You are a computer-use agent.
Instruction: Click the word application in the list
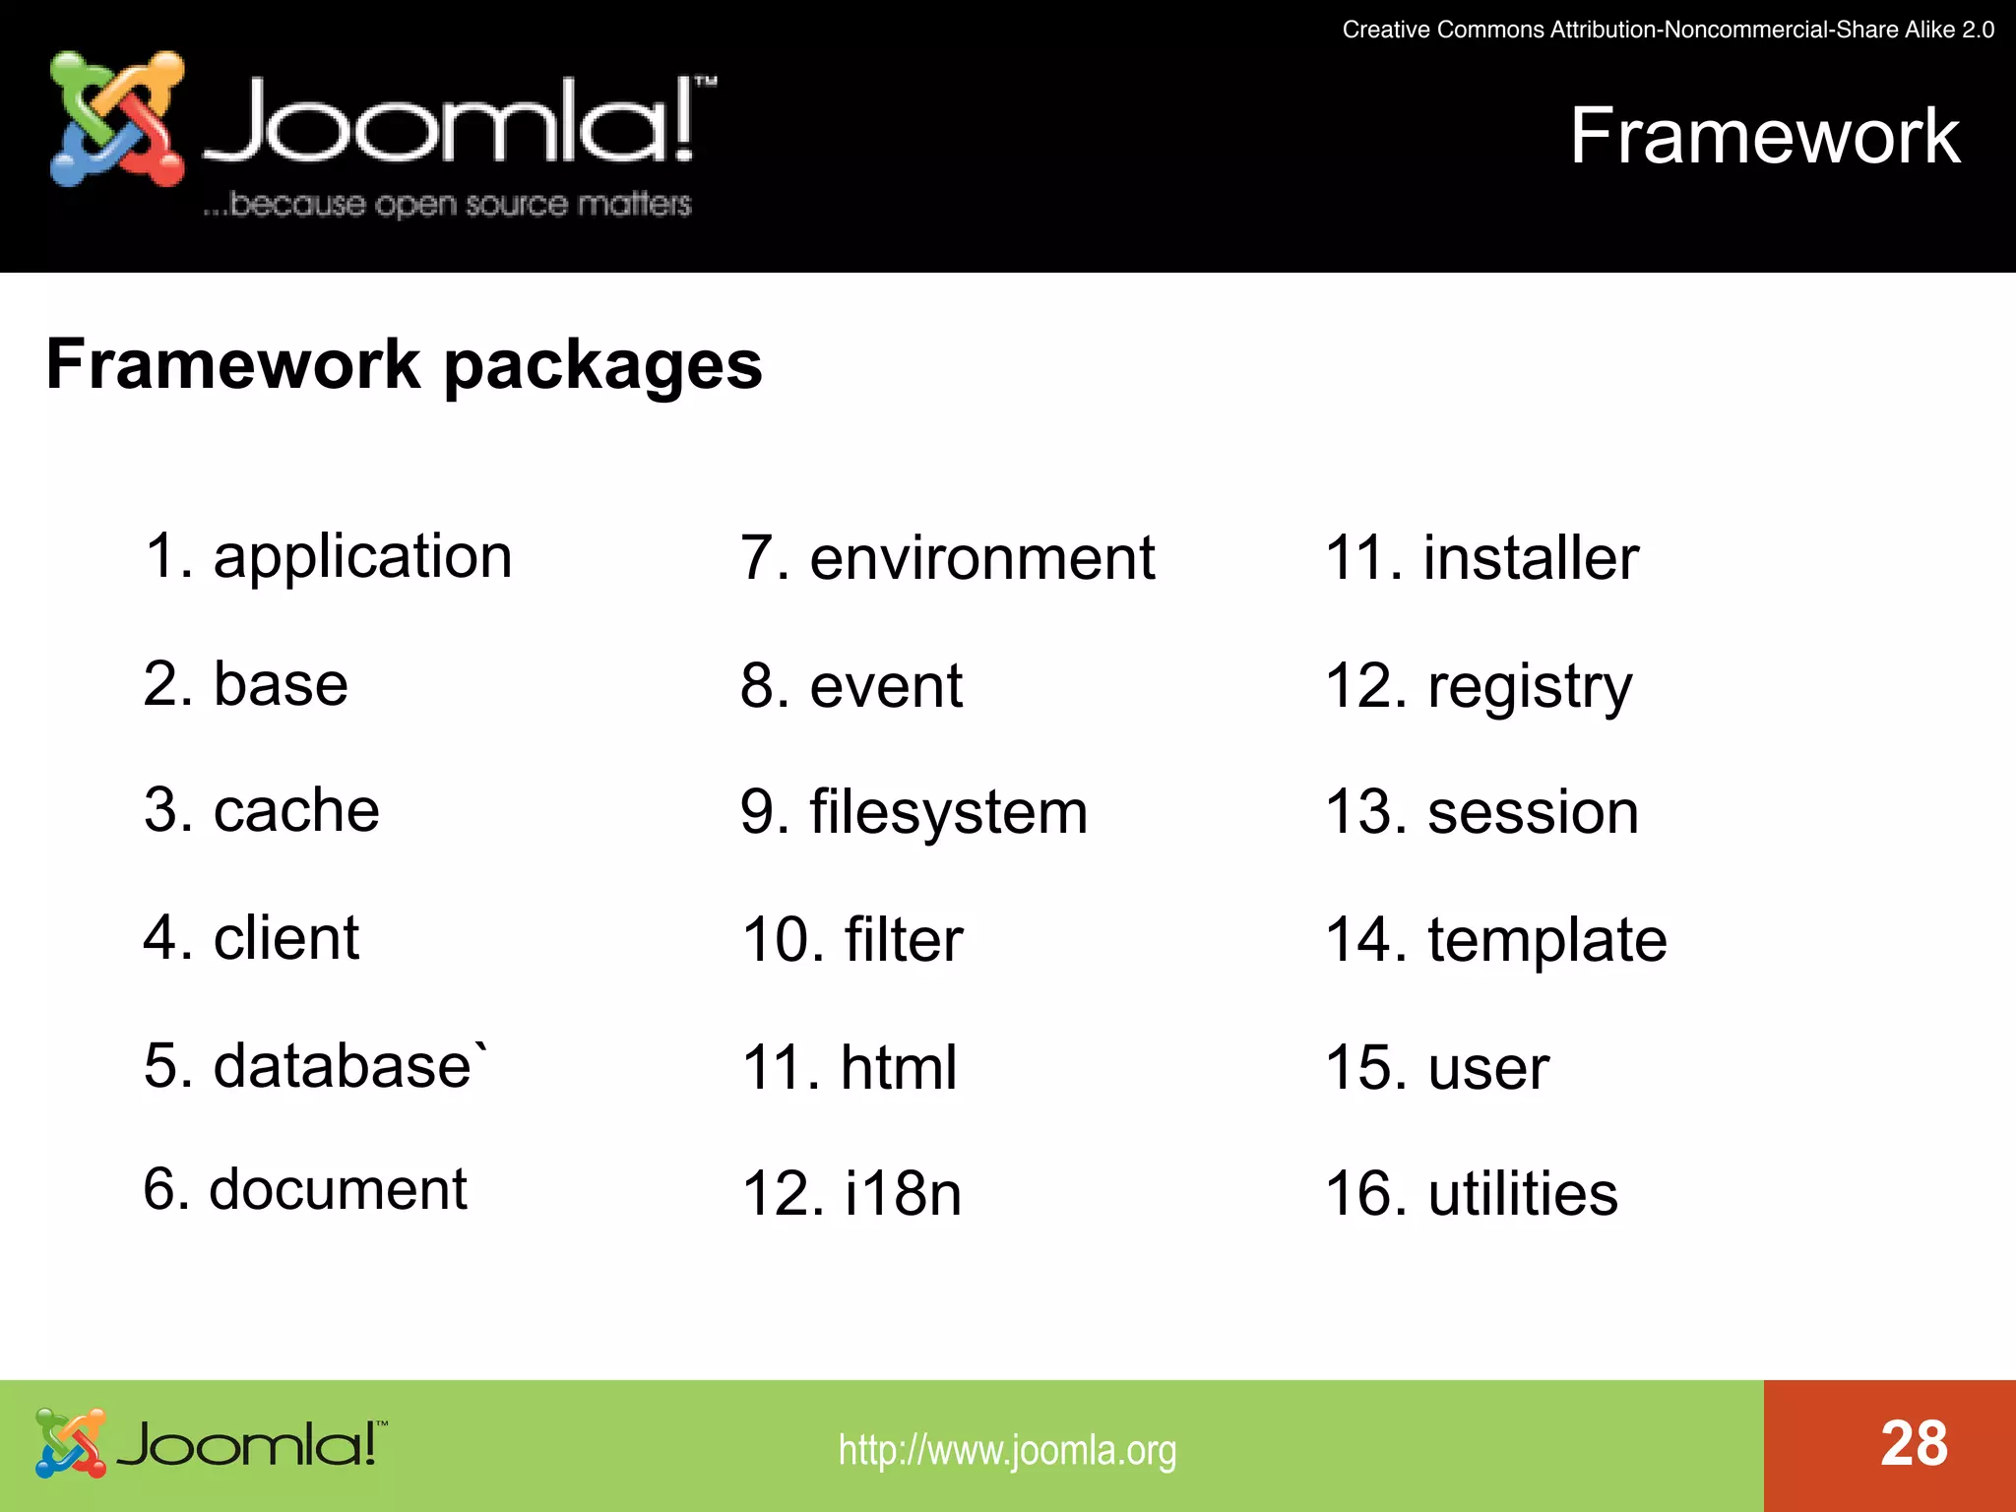(362, 558)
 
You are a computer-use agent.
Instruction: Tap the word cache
(296, 811)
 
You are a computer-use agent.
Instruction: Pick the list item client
(285, 938)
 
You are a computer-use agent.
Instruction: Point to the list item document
(338, 1189)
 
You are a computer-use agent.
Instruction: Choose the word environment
(981, 558)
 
